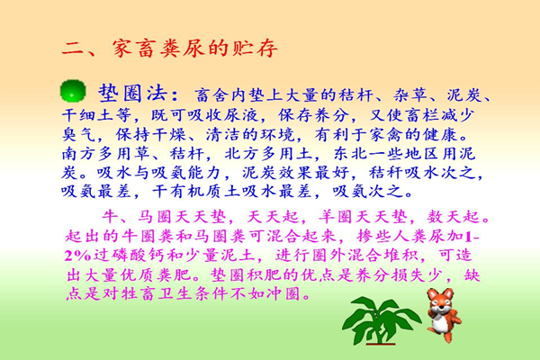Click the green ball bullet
click(73, 91)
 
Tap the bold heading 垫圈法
click(132, 93)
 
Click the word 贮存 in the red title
click(256, 49)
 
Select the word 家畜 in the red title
click(135, 49)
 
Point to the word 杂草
click(410, 94)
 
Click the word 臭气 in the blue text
click(79, 134)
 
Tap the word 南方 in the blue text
click(79, 154)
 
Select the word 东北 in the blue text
click(350, 154)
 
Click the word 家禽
click(386, 134)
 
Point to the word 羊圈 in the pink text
click(336, 217)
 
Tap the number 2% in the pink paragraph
click(78, 256)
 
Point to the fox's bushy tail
click(454, 319)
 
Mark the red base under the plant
click(381, 344)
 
